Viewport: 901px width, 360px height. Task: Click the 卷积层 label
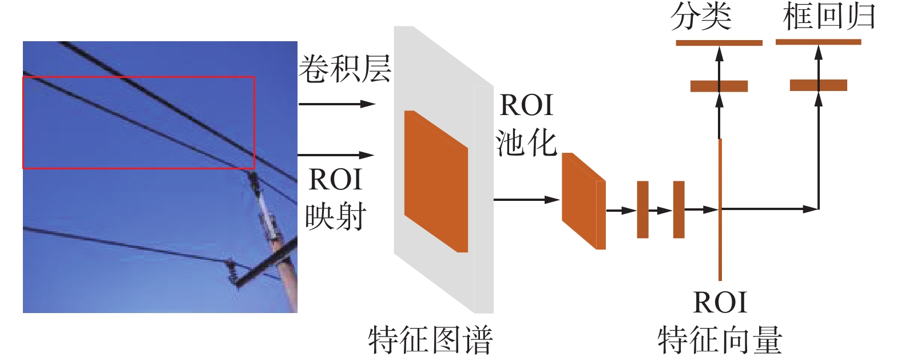pos(344,69)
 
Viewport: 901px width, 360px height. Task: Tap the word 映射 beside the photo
pos(335,216)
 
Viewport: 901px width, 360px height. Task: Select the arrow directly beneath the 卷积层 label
pos(336,104)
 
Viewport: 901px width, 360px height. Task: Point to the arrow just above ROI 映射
pos(336,155)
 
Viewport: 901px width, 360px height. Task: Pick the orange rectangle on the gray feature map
pos(436,181)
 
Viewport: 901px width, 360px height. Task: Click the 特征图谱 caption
pos(430,339)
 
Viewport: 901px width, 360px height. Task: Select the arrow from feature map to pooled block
pos(526,200)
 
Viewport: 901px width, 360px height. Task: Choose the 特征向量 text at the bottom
pos(720,339)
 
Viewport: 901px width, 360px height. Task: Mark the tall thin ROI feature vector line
pos(720,240)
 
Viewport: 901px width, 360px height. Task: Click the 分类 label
pos(701,17)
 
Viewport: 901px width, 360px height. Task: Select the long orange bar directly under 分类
pos(719,43)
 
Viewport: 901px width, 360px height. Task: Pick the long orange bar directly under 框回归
pos(819,42)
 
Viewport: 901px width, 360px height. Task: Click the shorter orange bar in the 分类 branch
pos(719,86)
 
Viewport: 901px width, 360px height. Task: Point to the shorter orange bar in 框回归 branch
pos(819,85)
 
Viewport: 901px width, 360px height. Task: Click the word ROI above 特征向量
pos(720,302)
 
